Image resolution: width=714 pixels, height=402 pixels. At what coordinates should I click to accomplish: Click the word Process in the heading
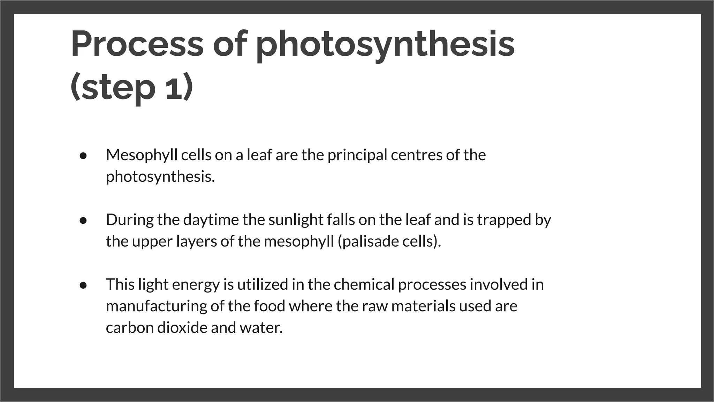(137, 44)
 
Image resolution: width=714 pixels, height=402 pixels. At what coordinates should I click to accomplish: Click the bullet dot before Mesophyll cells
(83, 156)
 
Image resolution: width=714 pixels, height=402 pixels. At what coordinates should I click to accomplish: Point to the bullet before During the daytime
(83, 221)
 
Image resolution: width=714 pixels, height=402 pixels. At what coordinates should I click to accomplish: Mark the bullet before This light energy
(83, 285)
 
